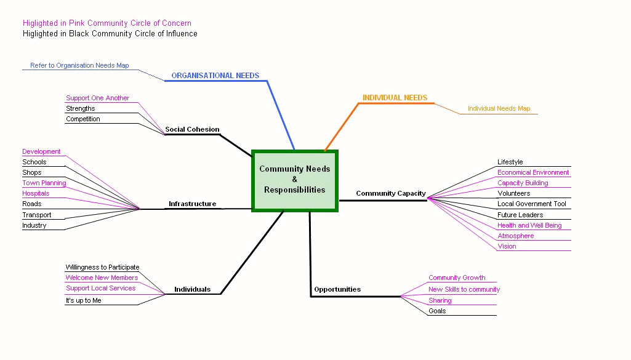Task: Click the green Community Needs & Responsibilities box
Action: coord(295,180)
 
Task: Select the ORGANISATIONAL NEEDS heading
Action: coord(215,76)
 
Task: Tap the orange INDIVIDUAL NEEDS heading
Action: coord(395,98)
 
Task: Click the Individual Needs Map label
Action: coord(499,109)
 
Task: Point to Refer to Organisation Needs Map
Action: coord(79,65)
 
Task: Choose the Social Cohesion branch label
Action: coord(192,129)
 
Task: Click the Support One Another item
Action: coord(98,98)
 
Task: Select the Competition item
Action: coord(83,119)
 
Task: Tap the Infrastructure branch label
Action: coord(193,204)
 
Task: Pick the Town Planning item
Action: coord(44,183)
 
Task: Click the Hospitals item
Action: coord(36,193)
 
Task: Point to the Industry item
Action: coord(34,225)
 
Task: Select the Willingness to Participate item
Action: coord(102,267)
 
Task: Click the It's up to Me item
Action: coord(84,300)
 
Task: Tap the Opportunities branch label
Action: coord(337,289)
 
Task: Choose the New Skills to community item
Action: coord(464,289)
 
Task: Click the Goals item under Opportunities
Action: coord(437,311)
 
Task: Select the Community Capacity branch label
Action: coord(391,193)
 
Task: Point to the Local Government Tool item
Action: coord(532,204)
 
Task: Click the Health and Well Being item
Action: coord(529,225)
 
